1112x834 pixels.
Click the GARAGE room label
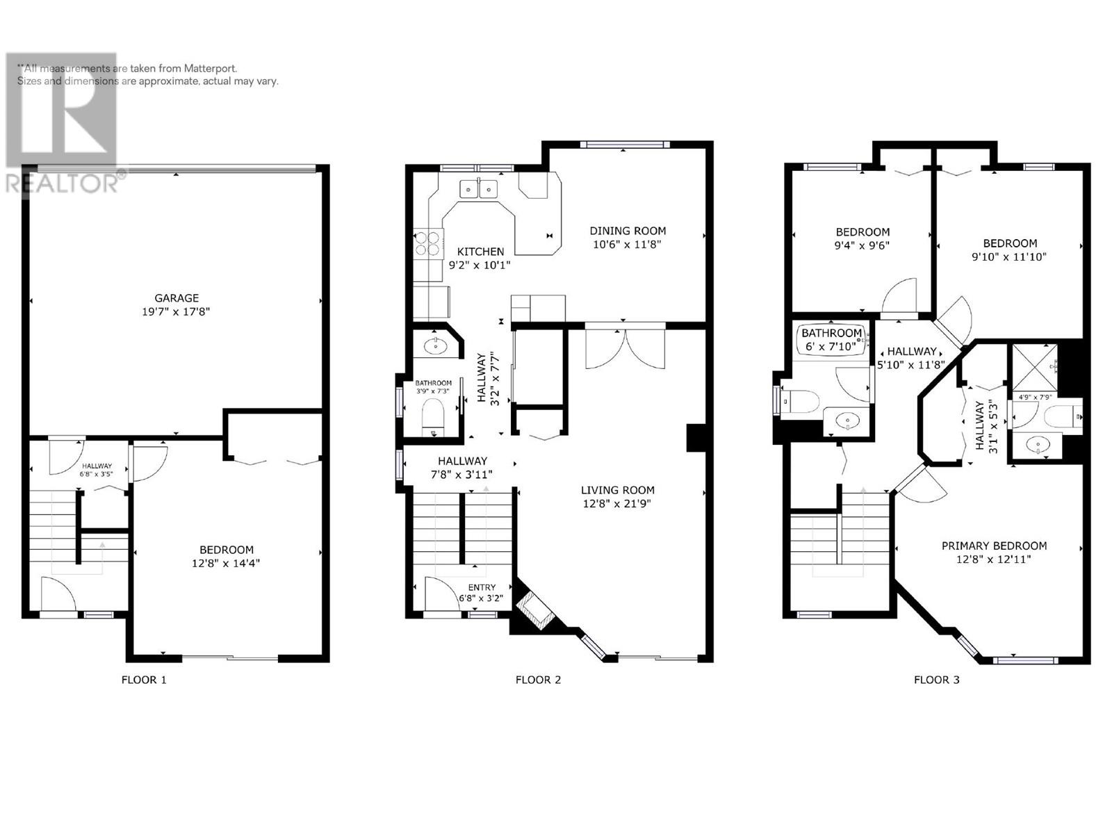[177, 297]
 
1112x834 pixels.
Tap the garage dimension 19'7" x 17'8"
[176, 311]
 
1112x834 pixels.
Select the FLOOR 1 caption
[144, 680]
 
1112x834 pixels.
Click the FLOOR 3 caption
[936, 680]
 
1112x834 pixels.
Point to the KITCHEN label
[480, 252]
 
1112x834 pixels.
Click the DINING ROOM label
[628, 231]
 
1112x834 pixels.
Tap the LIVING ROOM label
[618, 490]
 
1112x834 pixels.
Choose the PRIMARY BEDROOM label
[994, 546]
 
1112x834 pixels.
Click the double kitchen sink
[479, 189]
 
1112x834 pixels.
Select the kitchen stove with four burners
[428, 243]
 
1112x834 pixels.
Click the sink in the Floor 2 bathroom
[436, 346]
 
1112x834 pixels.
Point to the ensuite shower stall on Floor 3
[1034, 368]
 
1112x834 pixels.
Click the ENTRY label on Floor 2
[482, 587]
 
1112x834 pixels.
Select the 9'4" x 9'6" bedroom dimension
[862, 245]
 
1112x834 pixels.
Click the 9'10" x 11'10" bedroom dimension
[1009, 256]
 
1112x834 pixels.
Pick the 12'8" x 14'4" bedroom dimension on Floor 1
[226, 563]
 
